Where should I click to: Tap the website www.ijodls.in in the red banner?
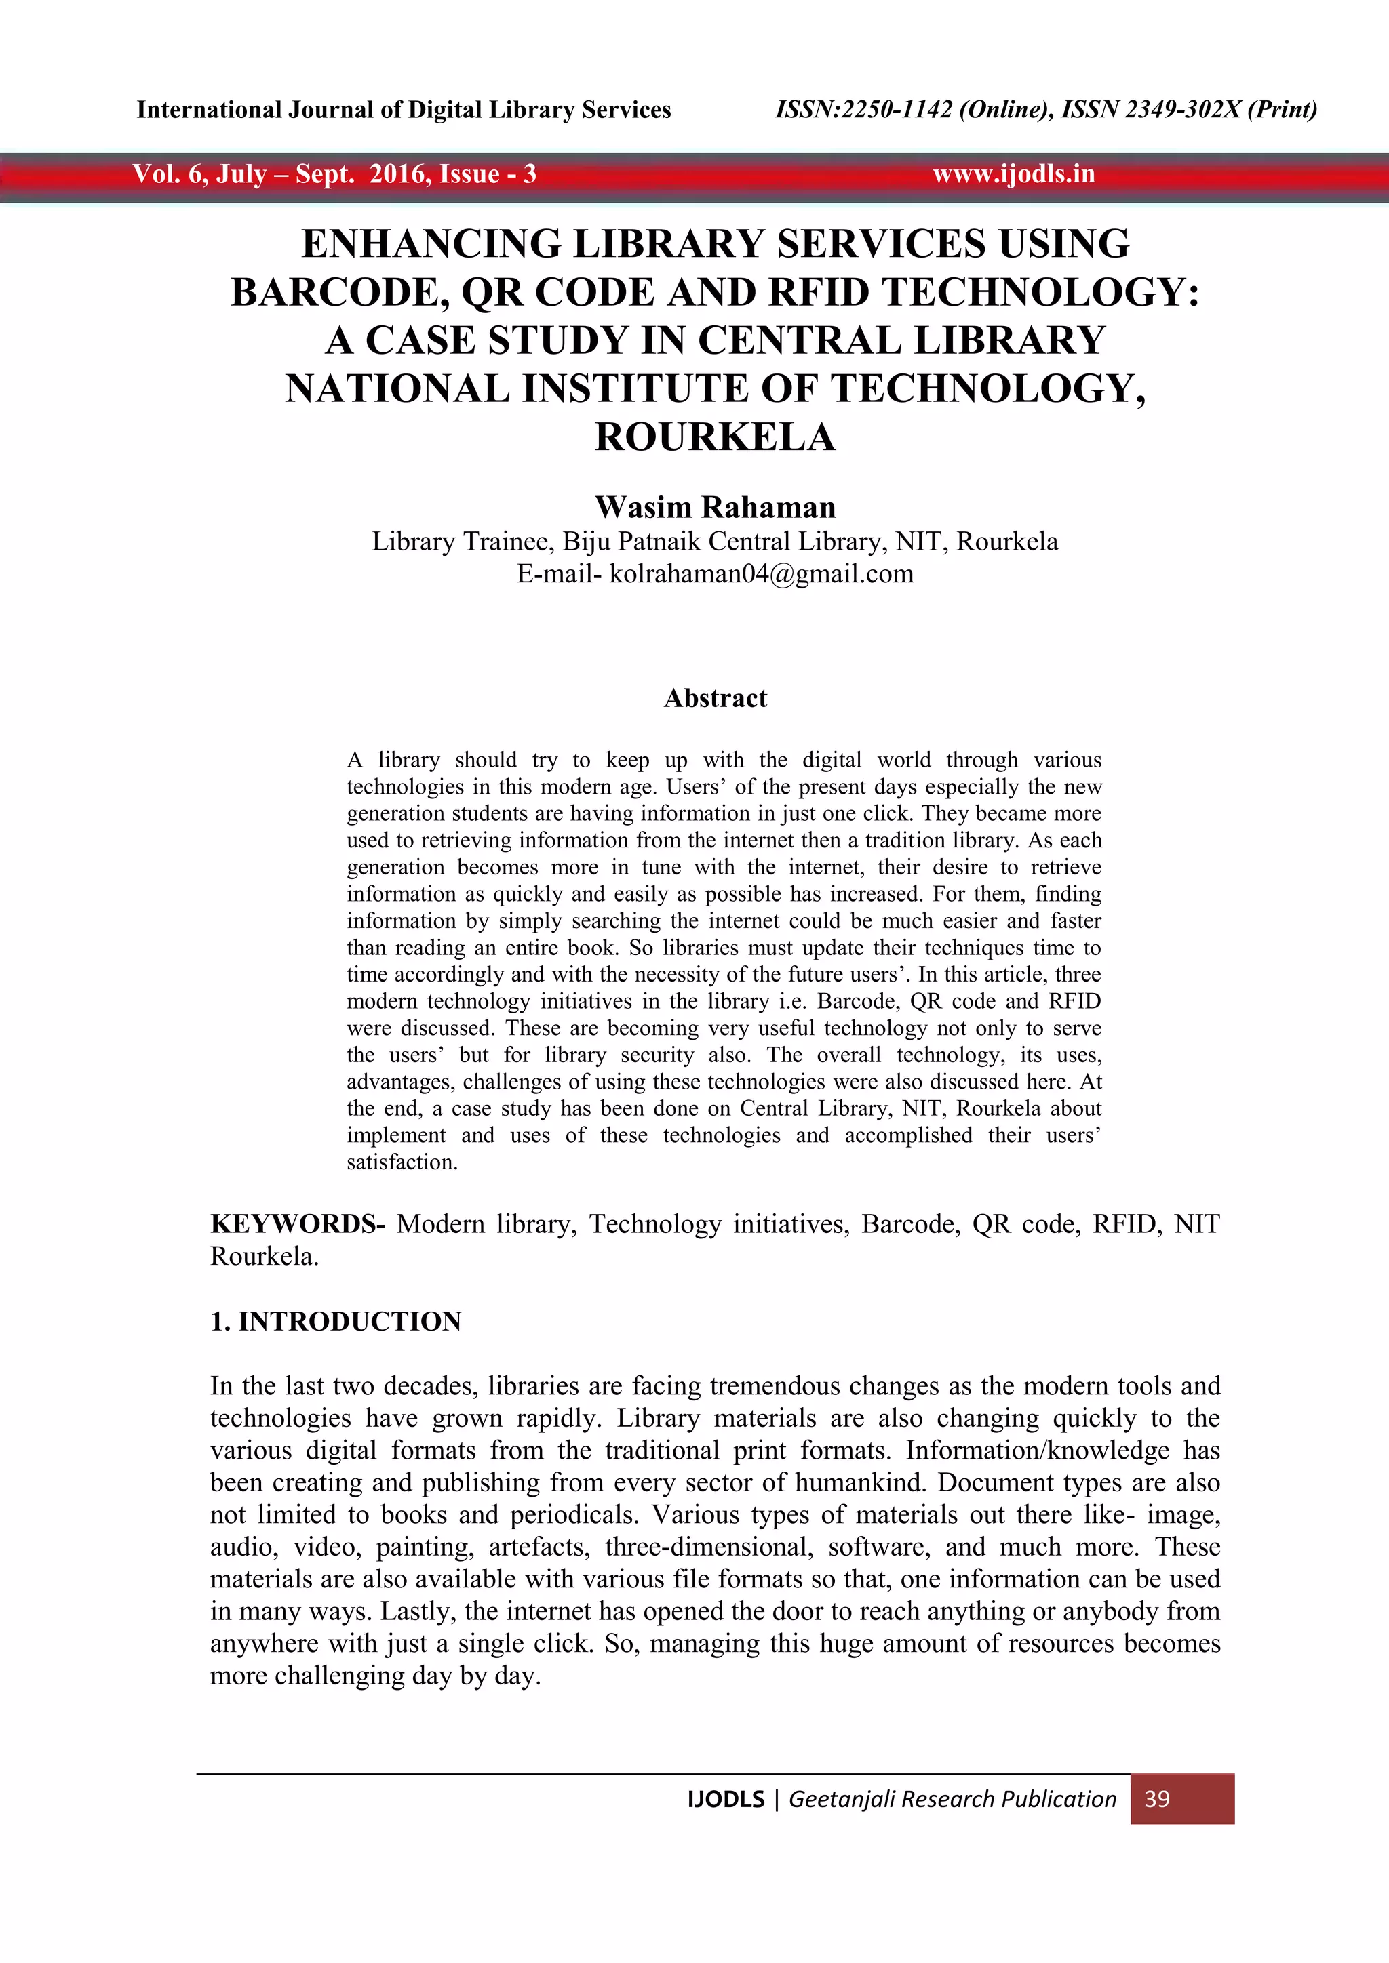(x=1013, y=174)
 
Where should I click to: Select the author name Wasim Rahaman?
(x=715, y=507)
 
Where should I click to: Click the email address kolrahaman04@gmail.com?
(x=761, y=573)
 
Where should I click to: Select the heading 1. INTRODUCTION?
(x=336, y=1322)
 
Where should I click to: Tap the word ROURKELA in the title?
(x=715, y=438)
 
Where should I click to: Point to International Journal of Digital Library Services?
(x=404, y=109)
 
